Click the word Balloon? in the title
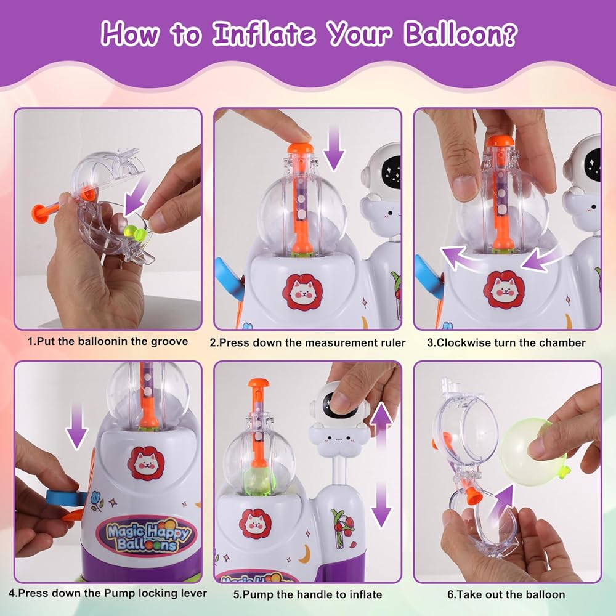(460, 34)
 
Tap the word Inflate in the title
(264, 33)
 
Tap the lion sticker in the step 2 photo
(302, 291)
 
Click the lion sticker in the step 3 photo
(503, 289)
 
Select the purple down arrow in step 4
(76, 426)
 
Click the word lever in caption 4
(193, 593)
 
